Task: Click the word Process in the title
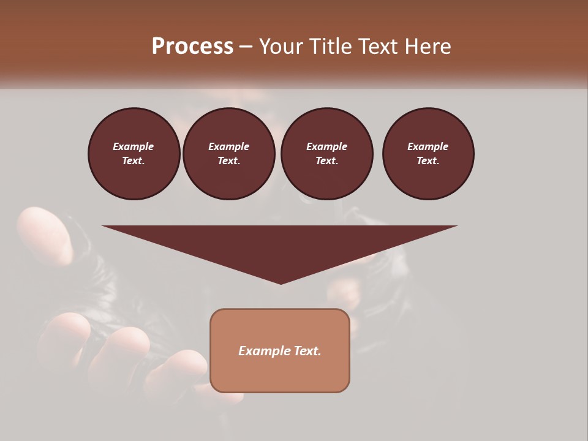[192, 47]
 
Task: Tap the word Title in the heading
[331, 47]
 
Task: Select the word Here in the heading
[428, 47]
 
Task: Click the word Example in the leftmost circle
[134, 146]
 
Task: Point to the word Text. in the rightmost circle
[428, 160]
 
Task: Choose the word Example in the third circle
[326, 146]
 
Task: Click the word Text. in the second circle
[228, 160]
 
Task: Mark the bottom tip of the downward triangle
[281, 283]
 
